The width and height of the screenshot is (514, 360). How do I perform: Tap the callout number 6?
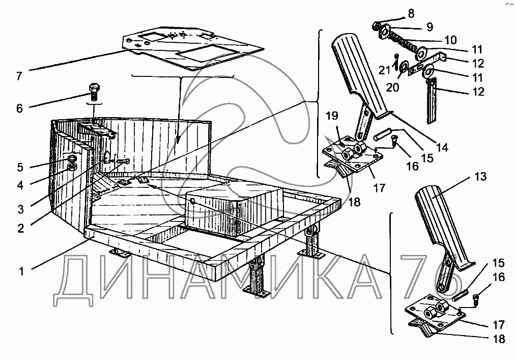point(20,108)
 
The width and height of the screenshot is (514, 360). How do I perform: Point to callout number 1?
point(21,271)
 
